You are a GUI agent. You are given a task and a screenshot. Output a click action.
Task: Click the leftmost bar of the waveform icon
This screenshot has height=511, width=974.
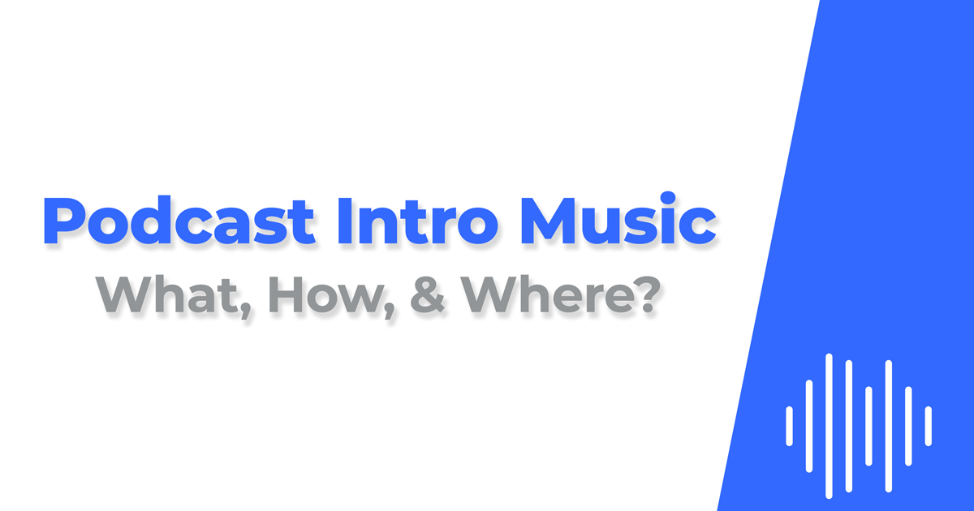(789, 426)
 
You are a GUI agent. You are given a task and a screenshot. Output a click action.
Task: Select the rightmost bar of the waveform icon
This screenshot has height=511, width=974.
(928, 426)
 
